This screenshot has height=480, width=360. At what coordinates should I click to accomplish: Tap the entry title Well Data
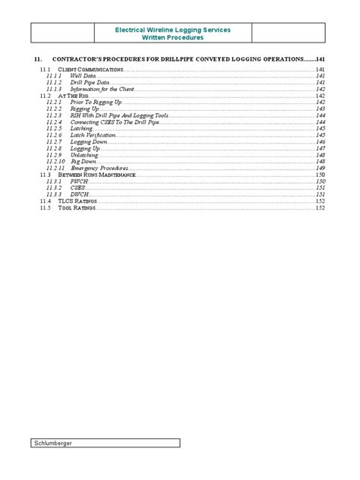click(84, 76)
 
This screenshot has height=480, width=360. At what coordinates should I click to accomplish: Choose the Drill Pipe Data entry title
click(90, 82)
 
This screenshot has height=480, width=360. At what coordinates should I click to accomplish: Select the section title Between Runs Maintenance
click(96, 175)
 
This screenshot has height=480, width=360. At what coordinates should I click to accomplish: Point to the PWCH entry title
click(79, 182)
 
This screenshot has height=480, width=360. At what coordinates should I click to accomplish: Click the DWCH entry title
click(79, 194)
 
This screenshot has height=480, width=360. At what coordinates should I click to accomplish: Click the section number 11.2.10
click(55, 162)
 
